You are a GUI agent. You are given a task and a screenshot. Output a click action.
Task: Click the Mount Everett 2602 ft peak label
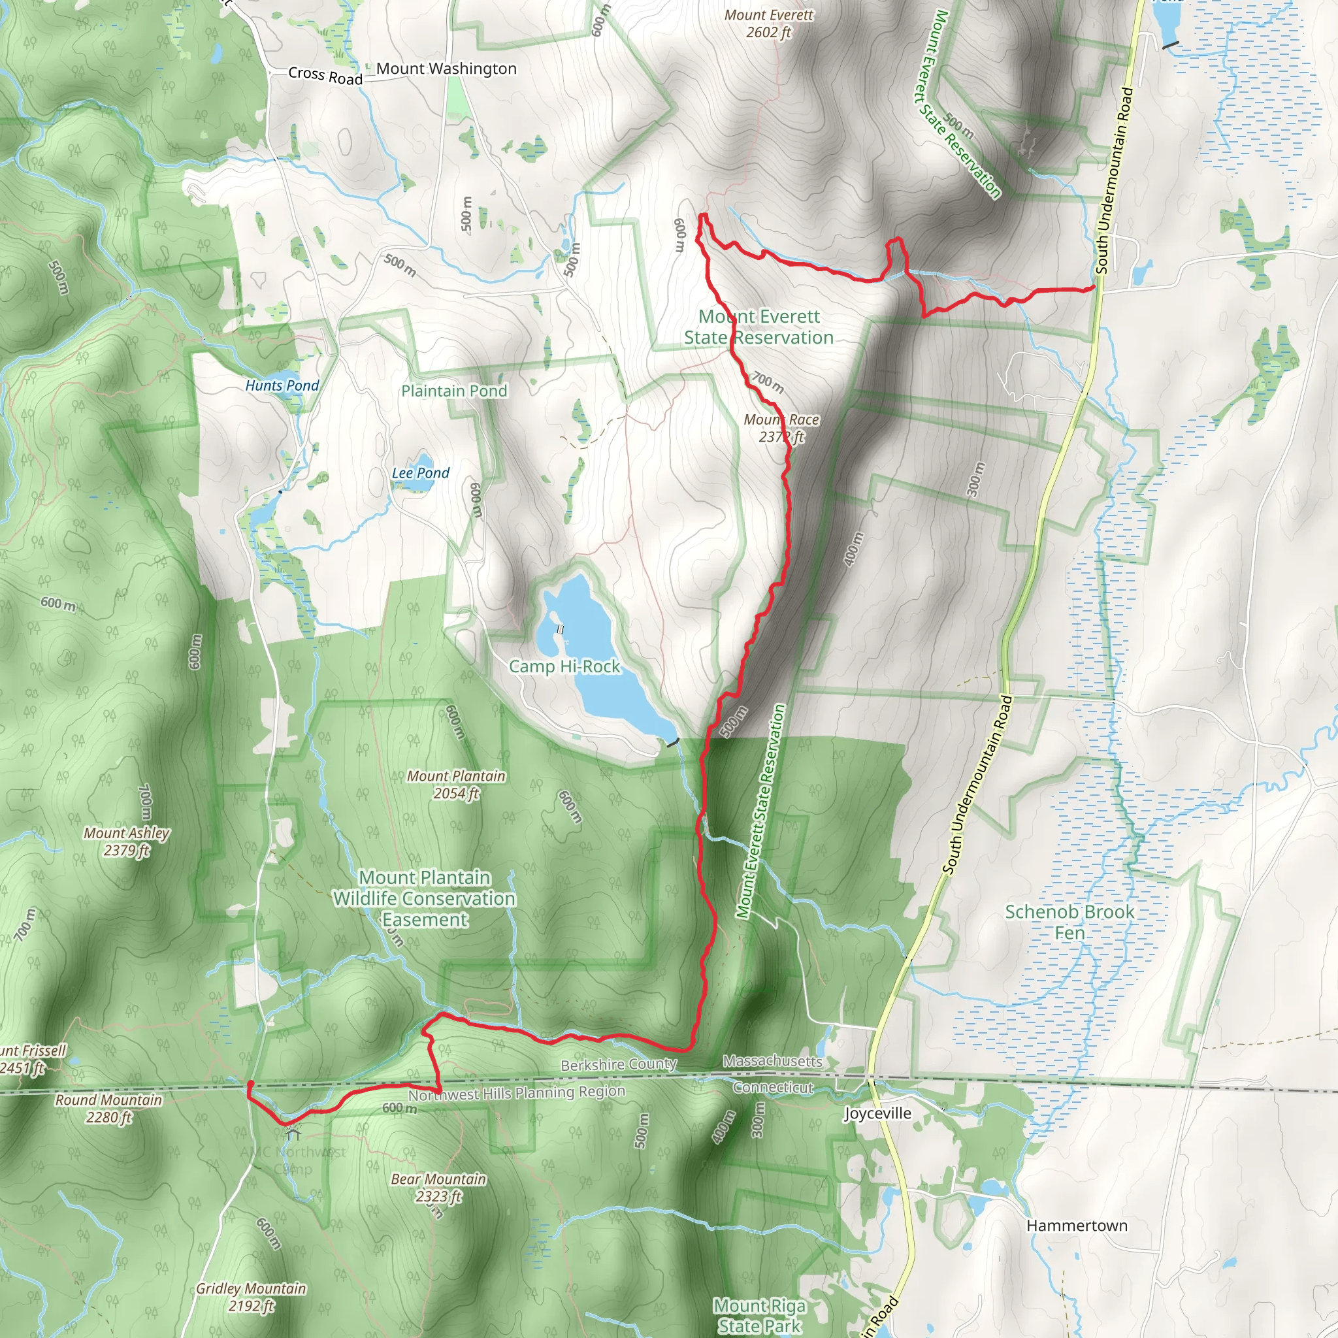click(769, 24)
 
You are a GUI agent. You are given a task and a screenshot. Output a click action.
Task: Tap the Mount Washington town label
click(446, 69)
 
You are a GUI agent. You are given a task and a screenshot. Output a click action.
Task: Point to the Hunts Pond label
click(282, 385)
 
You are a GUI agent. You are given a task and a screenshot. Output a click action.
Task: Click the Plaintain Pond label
click(454, 391)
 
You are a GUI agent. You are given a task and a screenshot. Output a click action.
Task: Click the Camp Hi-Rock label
click(564, 666)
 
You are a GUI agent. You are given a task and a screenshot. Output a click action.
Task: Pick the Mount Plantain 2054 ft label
click(456, 785)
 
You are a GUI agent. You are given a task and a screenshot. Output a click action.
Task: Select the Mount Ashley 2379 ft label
click(127, 841)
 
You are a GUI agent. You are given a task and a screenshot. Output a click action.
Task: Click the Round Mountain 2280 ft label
click(108, 1108)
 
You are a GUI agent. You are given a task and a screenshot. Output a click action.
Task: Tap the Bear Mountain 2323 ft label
click(438, 1187)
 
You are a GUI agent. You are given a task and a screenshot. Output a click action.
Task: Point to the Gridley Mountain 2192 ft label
click(251, 1297)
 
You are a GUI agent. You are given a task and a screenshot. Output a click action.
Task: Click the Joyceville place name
click(877, 1113)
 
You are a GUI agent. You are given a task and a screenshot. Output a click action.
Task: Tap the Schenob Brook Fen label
click(1069, 922)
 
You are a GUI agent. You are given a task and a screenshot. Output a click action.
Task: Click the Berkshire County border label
click(619, 1064)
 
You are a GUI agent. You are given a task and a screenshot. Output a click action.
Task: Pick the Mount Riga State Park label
click(760, 1315)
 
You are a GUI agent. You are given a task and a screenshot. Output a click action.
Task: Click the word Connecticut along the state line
click(773, 1087)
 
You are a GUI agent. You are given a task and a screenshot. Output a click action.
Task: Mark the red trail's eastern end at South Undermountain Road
click(1093, 287)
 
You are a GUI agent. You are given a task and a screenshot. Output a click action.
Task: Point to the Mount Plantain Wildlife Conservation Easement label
click(425, 898)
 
